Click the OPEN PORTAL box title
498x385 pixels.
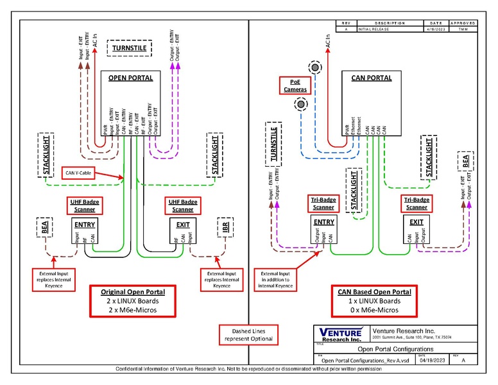[130, 78]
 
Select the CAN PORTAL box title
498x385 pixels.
[372, 78]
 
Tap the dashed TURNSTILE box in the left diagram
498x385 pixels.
[129, 47]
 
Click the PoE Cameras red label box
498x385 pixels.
[296, 85]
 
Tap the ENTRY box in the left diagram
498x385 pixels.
[85, 225]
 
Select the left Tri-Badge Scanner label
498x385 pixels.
[324, 203]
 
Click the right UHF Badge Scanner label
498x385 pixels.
[183, 205]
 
